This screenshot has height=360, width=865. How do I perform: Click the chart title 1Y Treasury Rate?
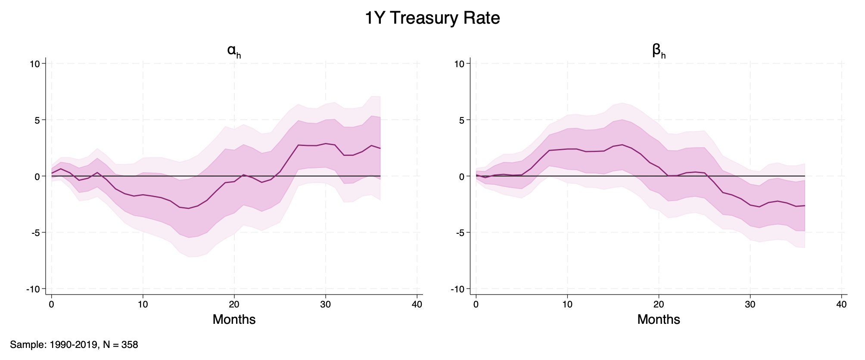pyautogui.click(x=432, y=19)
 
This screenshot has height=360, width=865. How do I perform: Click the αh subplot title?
pyautogui.click(x=233, y=51)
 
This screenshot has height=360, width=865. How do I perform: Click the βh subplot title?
pyautogui.click(x=659, y=51)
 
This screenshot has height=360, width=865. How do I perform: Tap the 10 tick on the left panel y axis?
pyautogui.click(x=35, y=64)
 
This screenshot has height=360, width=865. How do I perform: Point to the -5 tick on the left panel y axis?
pyautogui.click(x=35, y=233)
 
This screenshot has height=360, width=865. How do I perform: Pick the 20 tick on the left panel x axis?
pyautogui.click(x=234, y=304)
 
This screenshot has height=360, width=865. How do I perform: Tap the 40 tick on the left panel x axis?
pyautogui.click(x=417, y=304)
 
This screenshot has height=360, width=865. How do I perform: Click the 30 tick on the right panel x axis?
pyautogui.click(x=750, y=304)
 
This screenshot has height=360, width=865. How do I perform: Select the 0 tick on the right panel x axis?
pyautogui.click(x=476, y=304)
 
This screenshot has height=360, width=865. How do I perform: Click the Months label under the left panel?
pyautogui.click(x=234, y=320)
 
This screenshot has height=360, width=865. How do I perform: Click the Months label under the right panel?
pyautogui.click(x=659, y=320)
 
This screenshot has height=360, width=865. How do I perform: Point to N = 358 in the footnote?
pyautogui.click(x=121, y=345)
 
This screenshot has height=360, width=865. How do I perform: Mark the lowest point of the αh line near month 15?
pyautogui.click(x=189, y=208)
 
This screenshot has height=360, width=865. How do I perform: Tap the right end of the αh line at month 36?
pyautogui.click(x=380, y=148)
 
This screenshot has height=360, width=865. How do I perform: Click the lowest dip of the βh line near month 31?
pyautogui.click(x=759, y=207)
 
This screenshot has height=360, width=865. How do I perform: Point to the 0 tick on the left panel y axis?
pyautogui.click(x=37, y=177)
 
